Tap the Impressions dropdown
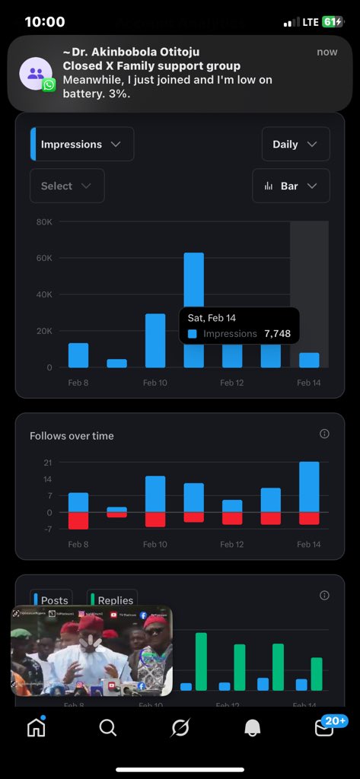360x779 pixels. pyautogui.click(x=82, y=145)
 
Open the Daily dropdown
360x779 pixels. pyautogui.click(x=295, y=145)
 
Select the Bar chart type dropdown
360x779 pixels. pyautogui.click(x=291, y=186)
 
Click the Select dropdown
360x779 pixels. pyautogui.click(x=67, y=186)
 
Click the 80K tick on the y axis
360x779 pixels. pyautogui.click(x=43, y=222)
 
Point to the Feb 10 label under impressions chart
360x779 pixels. pyautogui.click(x=155, y=383)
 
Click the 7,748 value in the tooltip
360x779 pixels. pyautogui.click(x=277, y=333)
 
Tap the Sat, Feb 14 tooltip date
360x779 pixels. pyautogui.click(x=212, y=318)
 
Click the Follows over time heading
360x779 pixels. pyautogui.click(x=72, y=436)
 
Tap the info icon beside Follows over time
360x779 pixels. pyautogui.click(x=324, y=434)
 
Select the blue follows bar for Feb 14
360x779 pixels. pyautogui.click(x=309, y=487)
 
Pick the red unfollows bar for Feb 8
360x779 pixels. pyautogui.click(x=78, y=520)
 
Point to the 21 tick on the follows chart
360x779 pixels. pyautogui.click(x=47, y=463)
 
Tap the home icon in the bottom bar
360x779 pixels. pyautogui.click(x=36, y=728)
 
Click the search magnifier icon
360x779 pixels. pyautogui.click(x=108, y=728)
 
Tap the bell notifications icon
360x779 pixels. pyautogui.click(x=253, y=728)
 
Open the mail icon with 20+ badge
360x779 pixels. pyautogui.click(x=325, y=728)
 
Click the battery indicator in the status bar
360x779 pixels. pyautogui.click(x=333, y=22)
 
